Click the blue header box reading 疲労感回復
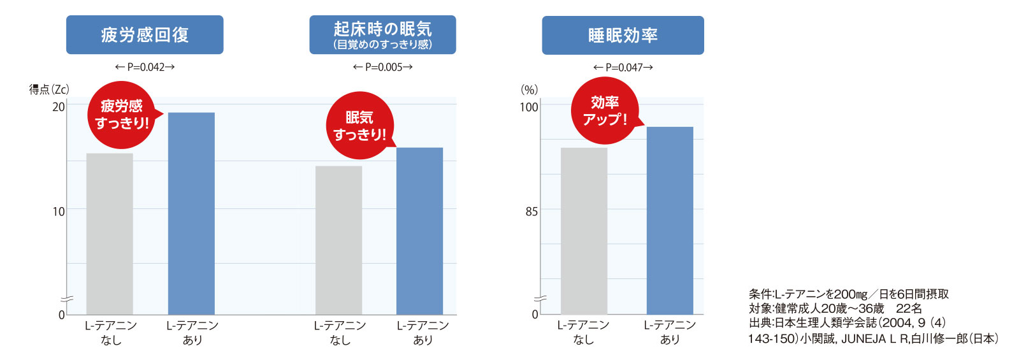tap(145, 35)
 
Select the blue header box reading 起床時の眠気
tap(382, 35)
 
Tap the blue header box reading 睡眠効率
tap(623, 36)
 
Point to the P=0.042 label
tap(145, 67)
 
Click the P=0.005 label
tap(383, 67)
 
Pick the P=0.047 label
tap(623, 67)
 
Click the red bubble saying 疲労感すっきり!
tap(121, 115)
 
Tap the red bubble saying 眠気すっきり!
tap(359, 126)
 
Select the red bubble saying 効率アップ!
tap(605, 110)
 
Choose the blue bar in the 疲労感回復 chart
tap(191, 213)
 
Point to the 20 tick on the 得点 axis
tap(59, 107)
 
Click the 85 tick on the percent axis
tap(531, 212)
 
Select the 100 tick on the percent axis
tap(529, 107)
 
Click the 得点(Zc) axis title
tap(49, 90)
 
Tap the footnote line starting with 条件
tap(848, 294)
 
